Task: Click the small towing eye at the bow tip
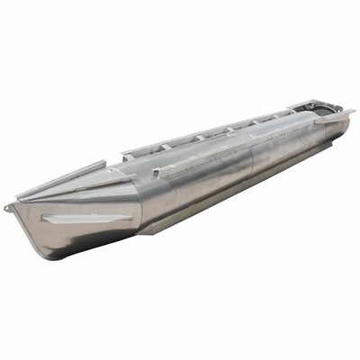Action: pyautogui.click(x=8, y=209)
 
